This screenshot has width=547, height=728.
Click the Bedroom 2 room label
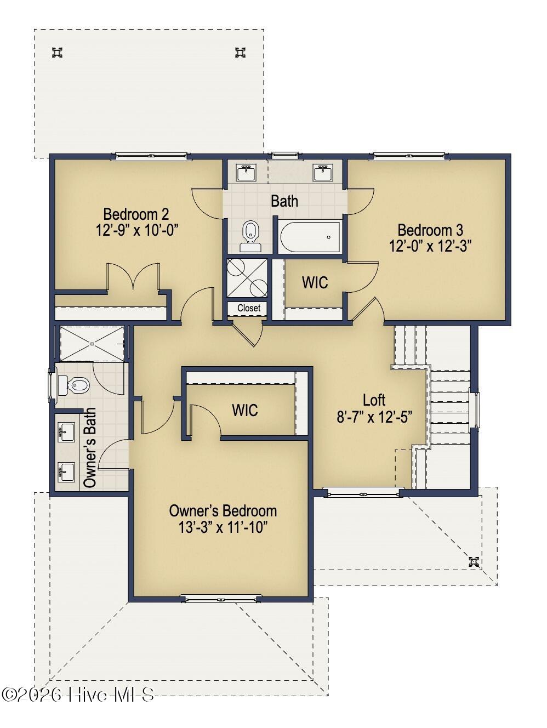coord(136,214)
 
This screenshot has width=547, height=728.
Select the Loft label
coord(374,400)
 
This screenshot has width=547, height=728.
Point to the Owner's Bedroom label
coord(223,511)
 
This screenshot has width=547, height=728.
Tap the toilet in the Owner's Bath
coord(73,385)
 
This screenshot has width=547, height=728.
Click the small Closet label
coord(249,308)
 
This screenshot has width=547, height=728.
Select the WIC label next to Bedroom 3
coord(315,282)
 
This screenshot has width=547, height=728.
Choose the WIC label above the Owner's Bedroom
coord(245,410)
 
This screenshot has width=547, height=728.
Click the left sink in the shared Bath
coord(246,173)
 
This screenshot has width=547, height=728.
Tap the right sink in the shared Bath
coord(323,173)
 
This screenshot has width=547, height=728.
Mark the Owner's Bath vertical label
coord(90,447)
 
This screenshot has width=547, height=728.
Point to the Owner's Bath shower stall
coord(92,343)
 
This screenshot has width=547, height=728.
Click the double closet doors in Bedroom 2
coord(133,276)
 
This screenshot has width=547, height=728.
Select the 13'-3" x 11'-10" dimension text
coord(223,527)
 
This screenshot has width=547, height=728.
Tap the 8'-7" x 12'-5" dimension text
coord(374,417)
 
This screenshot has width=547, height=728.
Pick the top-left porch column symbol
coord(58,53)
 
